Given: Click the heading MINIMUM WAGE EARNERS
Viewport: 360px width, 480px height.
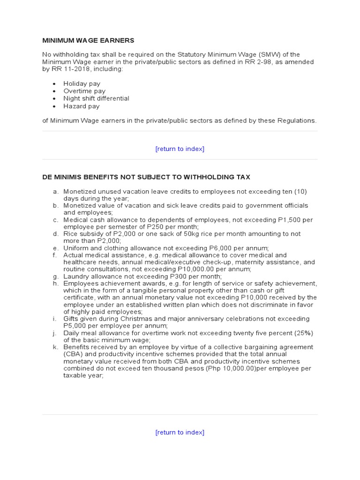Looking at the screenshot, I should (x=88, y=41).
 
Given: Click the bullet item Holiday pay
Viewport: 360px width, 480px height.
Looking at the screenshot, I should (x=82, y=83).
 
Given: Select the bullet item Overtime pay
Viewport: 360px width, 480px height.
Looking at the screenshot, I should (x=84, y=91).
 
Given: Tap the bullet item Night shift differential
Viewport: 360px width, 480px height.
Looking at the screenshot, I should (x=96, y=98).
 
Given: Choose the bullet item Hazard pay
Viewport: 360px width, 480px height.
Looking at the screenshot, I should (x=81, y=106).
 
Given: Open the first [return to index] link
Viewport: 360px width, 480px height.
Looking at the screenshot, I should (x=180, y=149).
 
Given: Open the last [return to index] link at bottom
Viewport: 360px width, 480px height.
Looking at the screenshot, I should (x=180, y=432).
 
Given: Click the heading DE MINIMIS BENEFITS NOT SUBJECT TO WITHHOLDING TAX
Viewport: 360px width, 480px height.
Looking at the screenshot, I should (x=146, y=177).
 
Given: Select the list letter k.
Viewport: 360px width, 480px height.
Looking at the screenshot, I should (x=55, y=347).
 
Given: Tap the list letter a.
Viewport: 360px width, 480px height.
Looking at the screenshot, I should (x=55, y=191).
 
